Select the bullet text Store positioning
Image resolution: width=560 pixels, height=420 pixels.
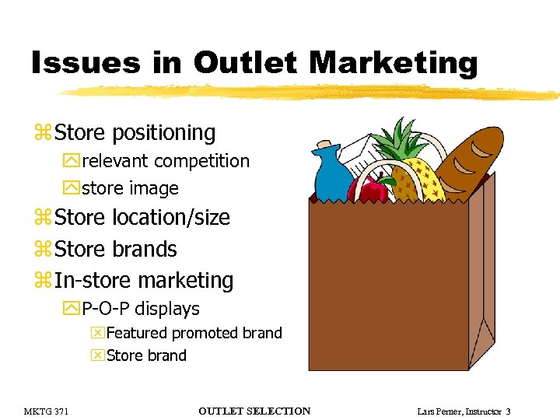[135, 133]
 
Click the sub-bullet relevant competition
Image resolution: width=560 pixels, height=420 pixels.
[165, 162]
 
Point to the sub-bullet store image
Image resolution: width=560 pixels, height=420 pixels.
[130, 188]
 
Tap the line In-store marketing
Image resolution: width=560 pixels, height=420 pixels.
[144, 280]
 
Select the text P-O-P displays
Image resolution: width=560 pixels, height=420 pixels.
[140, 309]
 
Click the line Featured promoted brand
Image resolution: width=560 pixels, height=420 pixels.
[194, 333]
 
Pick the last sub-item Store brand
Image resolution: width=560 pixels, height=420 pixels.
[146, 355]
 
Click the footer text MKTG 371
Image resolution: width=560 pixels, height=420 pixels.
[46, 411]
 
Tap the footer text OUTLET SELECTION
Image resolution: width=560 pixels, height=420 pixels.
[254, 411]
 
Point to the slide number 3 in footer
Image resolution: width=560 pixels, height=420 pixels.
[508, 411]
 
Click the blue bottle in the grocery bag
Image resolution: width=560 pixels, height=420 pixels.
[332, 174]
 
